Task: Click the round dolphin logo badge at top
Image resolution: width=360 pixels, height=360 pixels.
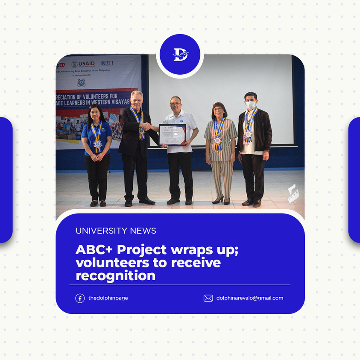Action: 180,54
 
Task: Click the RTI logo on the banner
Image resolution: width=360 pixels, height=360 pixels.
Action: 107,63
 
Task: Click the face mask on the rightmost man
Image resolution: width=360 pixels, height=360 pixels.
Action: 251,105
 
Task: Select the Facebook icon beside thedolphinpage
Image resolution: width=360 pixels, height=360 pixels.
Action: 80,298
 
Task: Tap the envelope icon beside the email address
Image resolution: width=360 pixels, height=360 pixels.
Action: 208,298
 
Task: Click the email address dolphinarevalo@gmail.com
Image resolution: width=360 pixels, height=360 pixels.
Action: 250,298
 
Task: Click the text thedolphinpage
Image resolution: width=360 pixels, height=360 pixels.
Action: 108,298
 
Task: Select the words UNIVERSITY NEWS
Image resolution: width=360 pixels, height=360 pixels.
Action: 116,231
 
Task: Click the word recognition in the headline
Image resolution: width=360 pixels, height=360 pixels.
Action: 116,275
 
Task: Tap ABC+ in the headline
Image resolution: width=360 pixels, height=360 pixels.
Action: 92,249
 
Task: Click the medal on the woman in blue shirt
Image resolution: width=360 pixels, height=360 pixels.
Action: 98,143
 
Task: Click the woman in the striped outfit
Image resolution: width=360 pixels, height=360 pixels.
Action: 220,149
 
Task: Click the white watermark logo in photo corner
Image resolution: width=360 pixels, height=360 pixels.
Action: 293,193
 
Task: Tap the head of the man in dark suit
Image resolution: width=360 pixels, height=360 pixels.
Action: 136,100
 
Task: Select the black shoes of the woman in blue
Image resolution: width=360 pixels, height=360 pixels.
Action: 98,204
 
